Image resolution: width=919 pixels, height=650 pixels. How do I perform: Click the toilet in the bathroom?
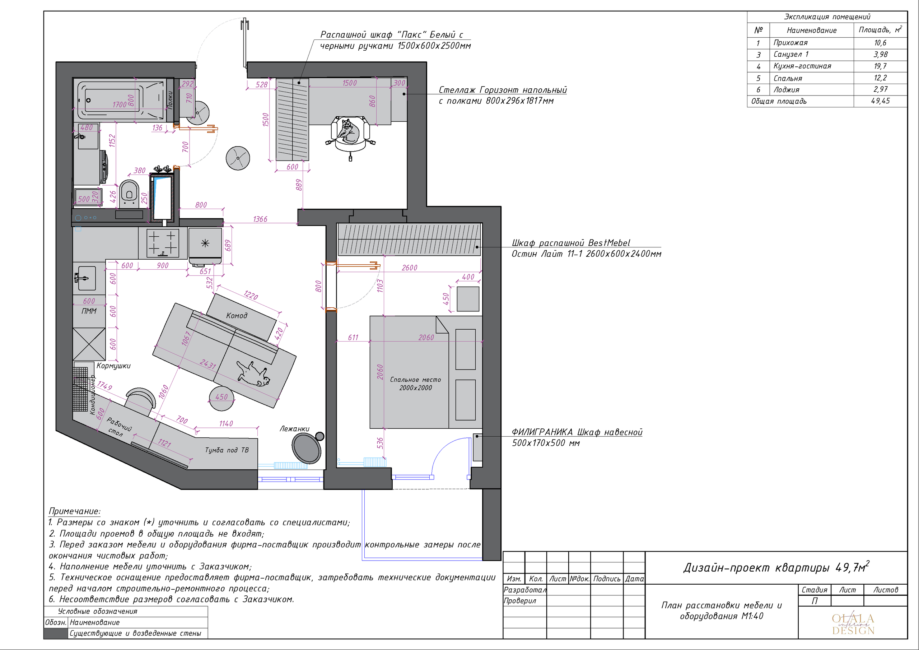pos(129,194)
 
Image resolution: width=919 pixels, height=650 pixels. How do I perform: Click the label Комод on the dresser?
pos(237,316)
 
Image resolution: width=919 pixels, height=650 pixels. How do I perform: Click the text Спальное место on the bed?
pos(415,379)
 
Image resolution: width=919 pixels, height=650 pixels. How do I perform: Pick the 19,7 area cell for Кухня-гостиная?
pos(880,66)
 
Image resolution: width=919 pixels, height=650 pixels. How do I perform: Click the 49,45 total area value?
pos(880,101)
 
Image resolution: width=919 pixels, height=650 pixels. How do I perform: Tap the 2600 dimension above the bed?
pos(410,268)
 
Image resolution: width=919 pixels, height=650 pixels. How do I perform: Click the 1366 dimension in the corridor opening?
pos(260,219)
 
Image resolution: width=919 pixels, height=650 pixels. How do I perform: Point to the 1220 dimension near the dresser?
pos(251,295)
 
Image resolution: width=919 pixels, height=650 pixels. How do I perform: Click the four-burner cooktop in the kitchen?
pos(163,243)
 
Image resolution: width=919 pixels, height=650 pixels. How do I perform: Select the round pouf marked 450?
pos(221,398)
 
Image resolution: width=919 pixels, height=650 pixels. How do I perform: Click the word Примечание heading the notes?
pos(74,511)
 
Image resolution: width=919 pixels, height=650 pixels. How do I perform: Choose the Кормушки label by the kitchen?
pos(113,366)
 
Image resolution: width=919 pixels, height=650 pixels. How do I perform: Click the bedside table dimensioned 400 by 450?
pos(468,299)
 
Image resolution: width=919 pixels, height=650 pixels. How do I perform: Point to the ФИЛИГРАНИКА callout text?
pos(542,432)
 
